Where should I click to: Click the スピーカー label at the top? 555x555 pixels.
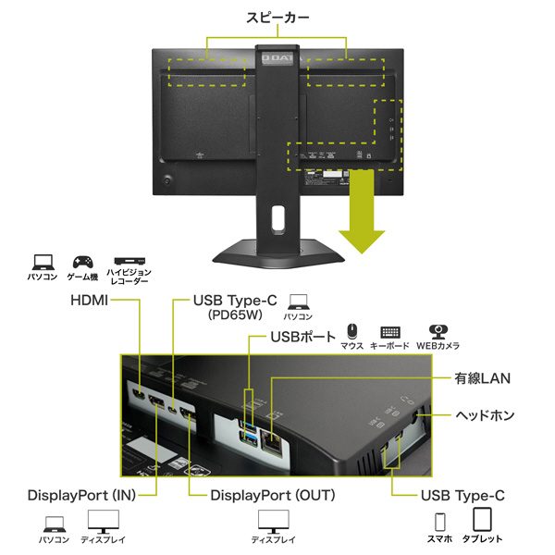[x=277, y=18]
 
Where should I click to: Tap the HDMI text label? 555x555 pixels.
[x=89, y=301]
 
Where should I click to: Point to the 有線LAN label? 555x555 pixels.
[x=482, y=378]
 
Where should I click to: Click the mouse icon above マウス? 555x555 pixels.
[x=351, y=331]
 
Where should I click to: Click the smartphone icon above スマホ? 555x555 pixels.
[x=441, y=519]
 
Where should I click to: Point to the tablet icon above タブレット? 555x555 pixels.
[x=483, y=519]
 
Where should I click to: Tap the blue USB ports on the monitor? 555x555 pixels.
[x=253, y=425]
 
